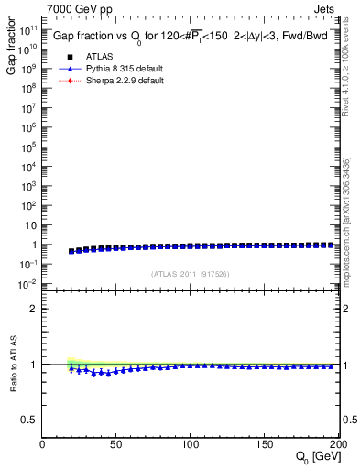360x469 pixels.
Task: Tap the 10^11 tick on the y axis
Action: pyautogui.click(x=28, y=28)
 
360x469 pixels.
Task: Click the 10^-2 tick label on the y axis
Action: pyautogui.click(x=28, y=285)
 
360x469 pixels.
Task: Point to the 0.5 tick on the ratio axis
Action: pyautogui.click(x=30, y=420)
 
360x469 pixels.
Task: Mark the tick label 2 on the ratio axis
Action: pyautogui.click(x=35, y=309)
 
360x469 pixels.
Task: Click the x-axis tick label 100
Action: pyautogui.click(x=191, y=445)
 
